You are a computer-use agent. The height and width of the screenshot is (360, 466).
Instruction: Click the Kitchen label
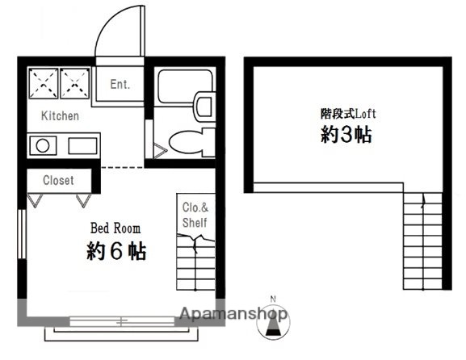click(60, 116)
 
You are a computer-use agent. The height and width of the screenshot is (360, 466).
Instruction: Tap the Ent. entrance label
click(120, 84)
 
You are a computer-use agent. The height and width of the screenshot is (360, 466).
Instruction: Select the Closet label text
click(57, 181)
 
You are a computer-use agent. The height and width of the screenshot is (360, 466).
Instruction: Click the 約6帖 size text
click(116, 251)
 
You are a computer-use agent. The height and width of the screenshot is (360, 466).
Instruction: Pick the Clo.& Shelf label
click(194, 214)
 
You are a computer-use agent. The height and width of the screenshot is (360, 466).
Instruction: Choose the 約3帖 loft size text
click(346, 135)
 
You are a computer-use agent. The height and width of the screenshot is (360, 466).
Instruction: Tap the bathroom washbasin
click(204, 105)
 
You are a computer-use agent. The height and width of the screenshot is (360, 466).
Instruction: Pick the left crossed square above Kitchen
click(43, 82)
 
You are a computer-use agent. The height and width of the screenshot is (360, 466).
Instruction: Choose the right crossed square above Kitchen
click(75, 82)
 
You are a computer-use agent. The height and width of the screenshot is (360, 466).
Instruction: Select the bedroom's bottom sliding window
click(121, 321)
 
